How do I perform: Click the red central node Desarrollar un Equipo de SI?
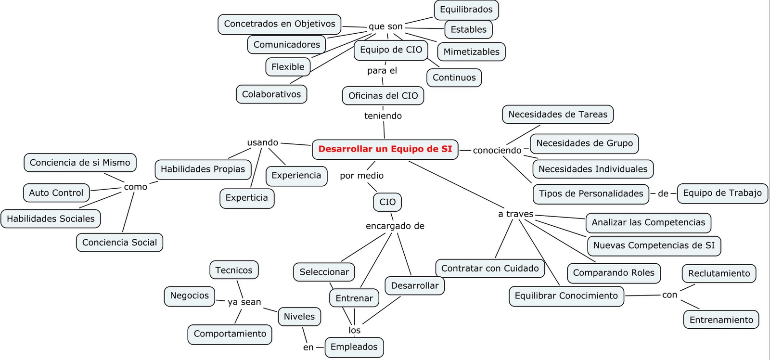(x=385, y=149)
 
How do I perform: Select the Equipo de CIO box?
(x=391, y=50)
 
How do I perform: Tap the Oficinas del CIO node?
(x=383, y=96)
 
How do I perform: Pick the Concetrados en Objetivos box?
(x=280, y=24)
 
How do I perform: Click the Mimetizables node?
(x=471, y=52)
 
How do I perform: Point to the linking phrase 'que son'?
(x=385, y=27)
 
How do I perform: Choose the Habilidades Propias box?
(x=203, y=169)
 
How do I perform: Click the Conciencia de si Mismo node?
(x=80, y=163)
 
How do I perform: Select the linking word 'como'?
(x=136, y=187)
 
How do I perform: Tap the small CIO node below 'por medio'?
(x=387, y=202)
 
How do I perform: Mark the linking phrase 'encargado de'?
(x=395, y=226)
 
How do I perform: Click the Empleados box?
(x=354, y=347)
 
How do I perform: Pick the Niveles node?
(x=299, y=317)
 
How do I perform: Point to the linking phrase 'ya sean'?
(x=244, y=302)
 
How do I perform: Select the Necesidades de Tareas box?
(x=558, y=115)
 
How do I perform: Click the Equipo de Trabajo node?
(x=722, y=193)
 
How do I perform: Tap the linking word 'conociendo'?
(x=497, y=151)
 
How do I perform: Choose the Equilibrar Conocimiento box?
(x=566, y=296)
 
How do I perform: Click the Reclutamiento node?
(x=719, y=273)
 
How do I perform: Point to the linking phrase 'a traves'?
(x=515, y=214)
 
